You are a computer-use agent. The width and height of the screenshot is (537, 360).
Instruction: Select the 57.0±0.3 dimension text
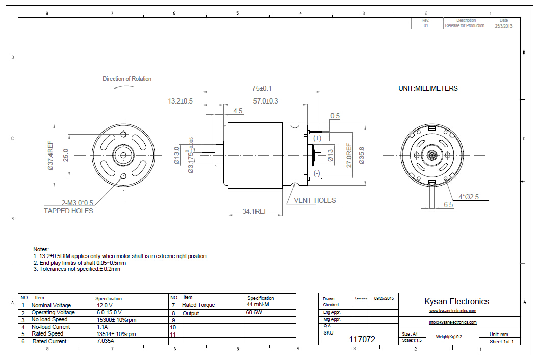[x=266, y=101]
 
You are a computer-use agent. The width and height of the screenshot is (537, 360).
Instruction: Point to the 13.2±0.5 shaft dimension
[x=180, y=101]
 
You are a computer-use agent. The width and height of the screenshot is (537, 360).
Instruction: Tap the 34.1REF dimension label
[x=255, y=211]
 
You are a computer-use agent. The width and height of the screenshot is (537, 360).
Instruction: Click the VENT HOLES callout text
[x=315, y=200]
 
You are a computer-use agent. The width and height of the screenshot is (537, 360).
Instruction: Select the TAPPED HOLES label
[x=68, y=211]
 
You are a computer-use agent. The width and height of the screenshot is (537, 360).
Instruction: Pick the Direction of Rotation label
[x=127, y=79]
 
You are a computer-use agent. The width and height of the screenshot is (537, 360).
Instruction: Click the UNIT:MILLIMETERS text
[x=428, y=88]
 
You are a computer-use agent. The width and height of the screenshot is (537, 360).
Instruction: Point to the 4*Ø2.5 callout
[x=469, y=197]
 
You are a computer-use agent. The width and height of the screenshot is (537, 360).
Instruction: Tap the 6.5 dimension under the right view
[x=448, y=205]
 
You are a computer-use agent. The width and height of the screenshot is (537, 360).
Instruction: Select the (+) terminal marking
[x=317, y=138]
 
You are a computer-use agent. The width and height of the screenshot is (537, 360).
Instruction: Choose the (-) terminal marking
[x=317, y=173]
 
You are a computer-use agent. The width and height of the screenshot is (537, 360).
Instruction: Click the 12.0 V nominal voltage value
[x=104, y=305]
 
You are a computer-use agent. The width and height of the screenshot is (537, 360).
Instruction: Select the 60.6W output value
[x=254, y=312]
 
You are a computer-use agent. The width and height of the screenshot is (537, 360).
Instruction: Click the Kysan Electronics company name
[x=456, y=302]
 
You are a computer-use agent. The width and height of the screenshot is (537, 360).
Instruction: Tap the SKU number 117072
[x=362, y=339]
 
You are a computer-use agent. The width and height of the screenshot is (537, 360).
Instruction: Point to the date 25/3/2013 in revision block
[x=503, y=25]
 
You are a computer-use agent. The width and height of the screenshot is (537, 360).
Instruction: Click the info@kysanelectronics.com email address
[x=452, y=322]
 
